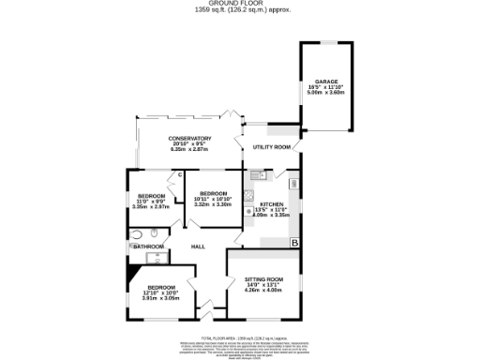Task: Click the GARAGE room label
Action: pos(325,82)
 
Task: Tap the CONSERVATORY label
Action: pos(190,139)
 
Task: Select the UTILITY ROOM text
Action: pos(272,147)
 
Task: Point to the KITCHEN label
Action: pos(272,203)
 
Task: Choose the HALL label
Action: pos(198,247)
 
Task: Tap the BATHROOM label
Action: pos(148,247)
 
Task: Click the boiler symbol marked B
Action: pos(294,244)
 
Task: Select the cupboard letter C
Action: pos(179,175)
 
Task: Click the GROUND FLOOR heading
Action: pos(240,4)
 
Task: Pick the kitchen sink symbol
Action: pos(257,175)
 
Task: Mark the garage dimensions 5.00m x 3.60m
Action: pos(325,93)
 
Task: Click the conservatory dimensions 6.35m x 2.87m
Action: pos(190,150)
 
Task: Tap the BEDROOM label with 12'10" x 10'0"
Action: pos(160,287)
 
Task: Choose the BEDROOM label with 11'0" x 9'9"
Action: pos(151,196)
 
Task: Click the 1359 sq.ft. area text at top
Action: pos(240,10)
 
